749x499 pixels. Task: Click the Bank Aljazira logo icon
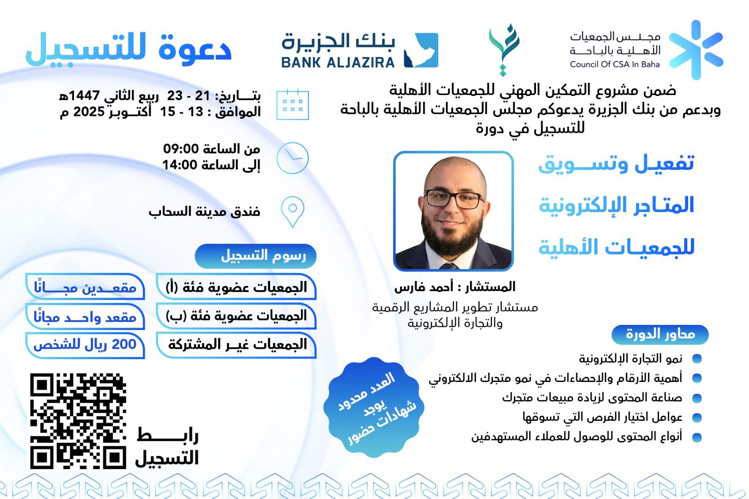(x=421, y=50)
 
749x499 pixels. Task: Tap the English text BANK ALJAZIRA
(x=338, y=63)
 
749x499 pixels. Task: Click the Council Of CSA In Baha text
(x=615, y=64)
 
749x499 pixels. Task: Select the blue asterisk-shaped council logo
(x=696, y=50)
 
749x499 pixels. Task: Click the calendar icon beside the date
(x=293, y=105)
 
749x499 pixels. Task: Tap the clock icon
(x=293, y=158)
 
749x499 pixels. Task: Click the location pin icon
(x=293, y=212)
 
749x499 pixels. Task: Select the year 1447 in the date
(x=83, y=95)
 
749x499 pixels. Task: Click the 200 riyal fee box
(x=85, y=345)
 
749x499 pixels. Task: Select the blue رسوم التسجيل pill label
(x=256, y=256)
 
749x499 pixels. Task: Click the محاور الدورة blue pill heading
(x=660, y=334)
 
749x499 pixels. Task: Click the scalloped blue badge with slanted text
(x=374, y=407)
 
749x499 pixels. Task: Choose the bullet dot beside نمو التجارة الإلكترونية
(x=697, y=359)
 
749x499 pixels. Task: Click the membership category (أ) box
(x=236, y=286)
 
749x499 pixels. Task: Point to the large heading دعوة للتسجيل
(x=129, y=49)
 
